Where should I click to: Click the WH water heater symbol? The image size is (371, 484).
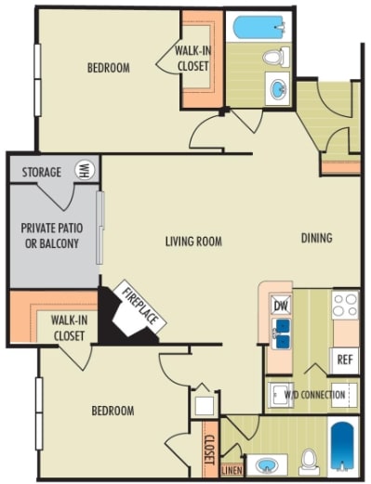click(83, 171)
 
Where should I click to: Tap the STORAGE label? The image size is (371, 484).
click(42, 172)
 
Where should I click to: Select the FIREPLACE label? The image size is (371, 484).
click(139, 308)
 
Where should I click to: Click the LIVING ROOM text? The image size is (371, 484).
click(193, 242)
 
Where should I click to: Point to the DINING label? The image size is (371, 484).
click(316, 238)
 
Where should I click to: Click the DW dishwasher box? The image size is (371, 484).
click(279, 305)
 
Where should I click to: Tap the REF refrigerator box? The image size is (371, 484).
click(344, 359)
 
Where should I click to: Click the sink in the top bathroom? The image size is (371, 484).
click(277, 90)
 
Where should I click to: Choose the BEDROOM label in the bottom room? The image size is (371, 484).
click(112, 410)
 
